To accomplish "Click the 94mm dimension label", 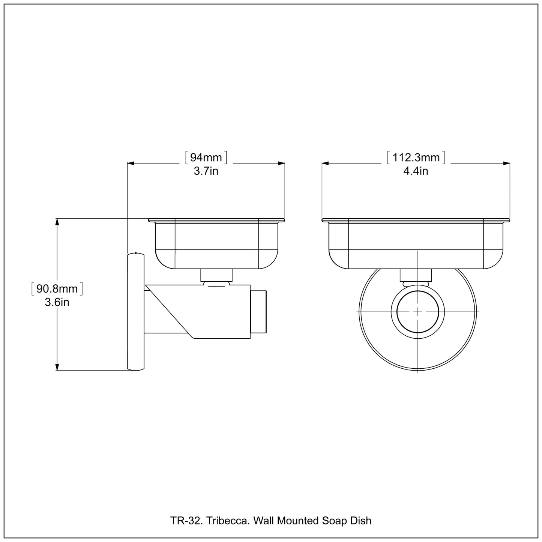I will [x=206, y=157].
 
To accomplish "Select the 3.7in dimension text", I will [x=206, y=171].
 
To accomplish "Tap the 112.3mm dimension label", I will [x=416, y=157].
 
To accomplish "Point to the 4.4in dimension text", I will [x=416, y=171].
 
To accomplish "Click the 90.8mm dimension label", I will [x=57, y=288].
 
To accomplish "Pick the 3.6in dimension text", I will [x=57, y=302].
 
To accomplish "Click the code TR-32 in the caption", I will [x=182, y=521].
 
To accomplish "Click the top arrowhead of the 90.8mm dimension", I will [x=57, y=222].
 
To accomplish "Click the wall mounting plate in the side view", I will [x=136, y=311].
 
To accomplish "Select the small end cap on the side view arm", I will [x=258, y=311].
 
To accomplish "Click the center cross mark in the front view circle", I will [x=418, y=311].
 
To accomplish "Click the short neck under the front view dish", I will [x=416, y=275].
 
